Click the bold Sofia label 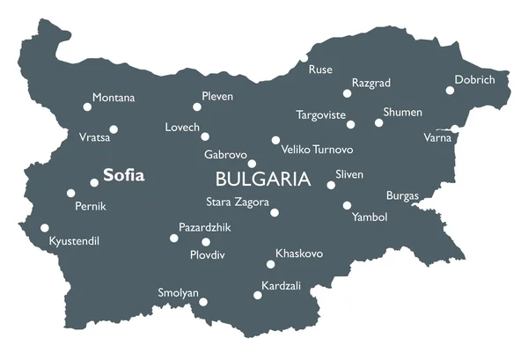pos(123,175)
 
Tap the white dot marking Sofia pos(94,183)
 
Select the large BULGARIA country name pos(263,180)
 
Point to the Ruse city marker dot pos(304,58)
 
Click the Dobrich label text pos(475,80)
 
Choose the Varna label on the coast pos(437,137)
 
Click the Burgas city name pos(402,195)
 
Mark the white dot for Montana pos(87,107)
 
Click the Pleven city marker pos(197,107)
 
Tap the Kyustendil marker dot pos(45,228)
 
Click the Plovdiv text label pos(208,255)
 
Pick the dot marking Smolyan pos(203,302)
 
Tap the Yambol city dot pos(348,206)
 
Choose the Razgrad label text pos(370,83)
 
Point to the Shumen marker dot pos(379,123)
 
